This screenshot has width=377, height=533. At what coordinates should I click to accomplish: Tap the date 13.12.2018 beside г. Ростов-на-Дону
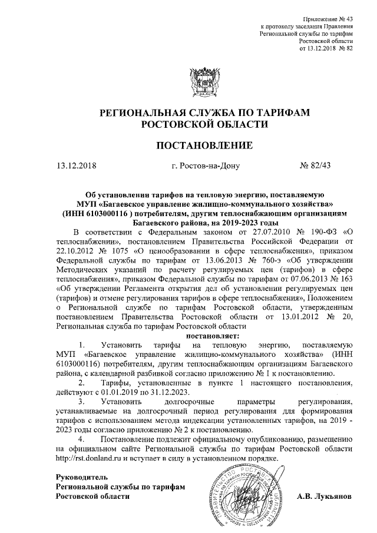[x=76, y=166]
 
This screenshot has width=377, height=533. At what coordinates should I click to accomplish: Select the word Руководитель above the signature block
[x=82, y=476]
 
